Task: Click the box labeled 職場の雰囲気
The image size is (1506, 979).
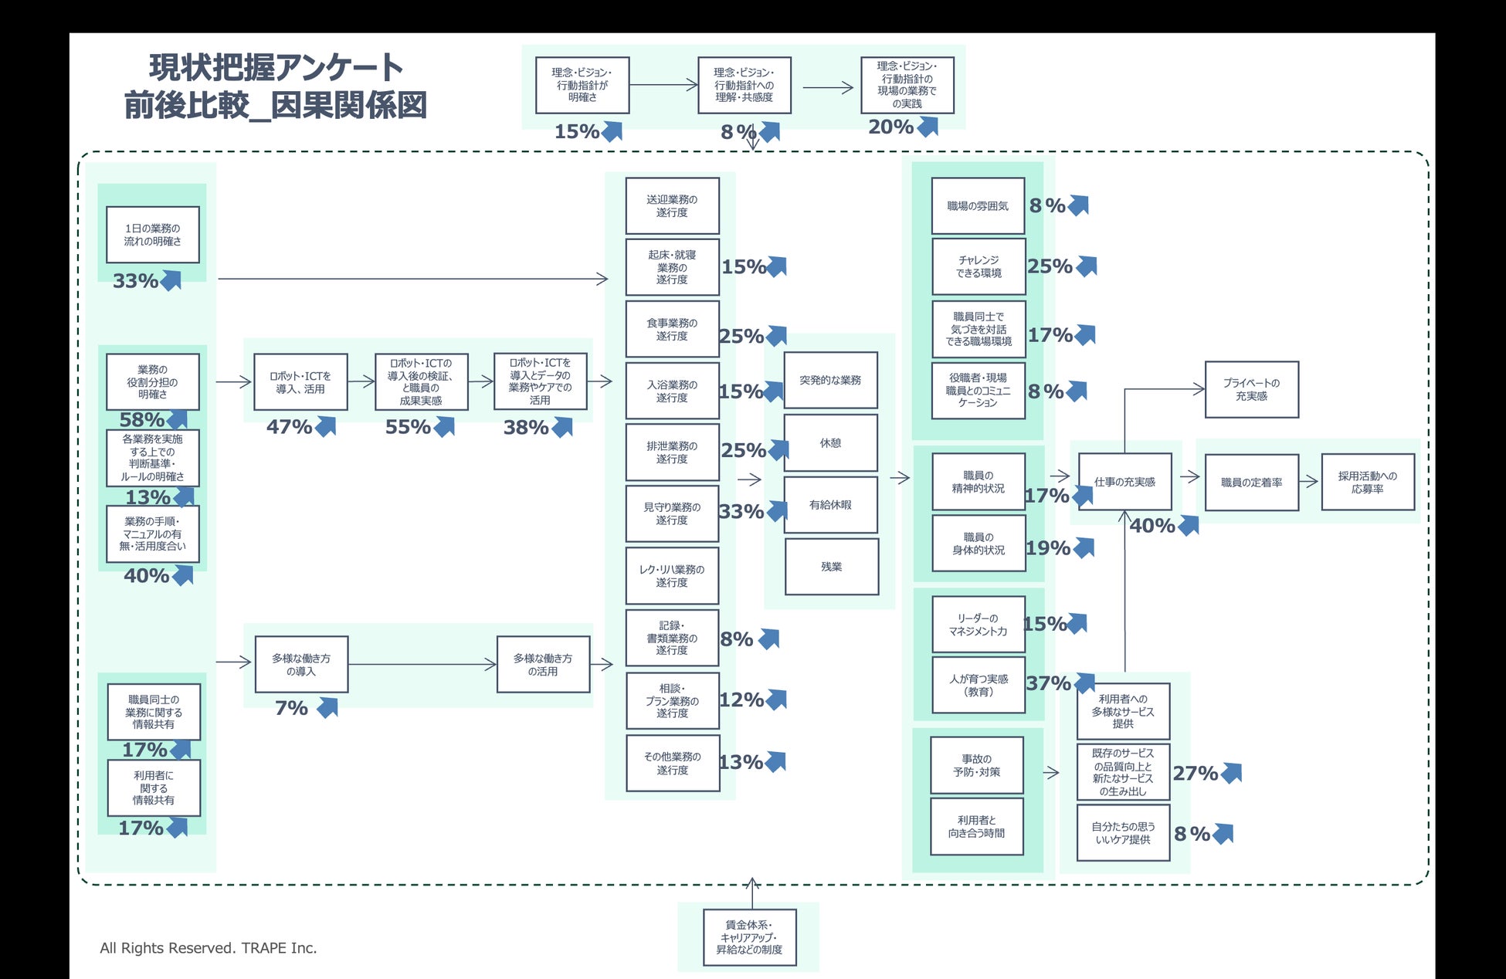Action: click(x=978, y=206)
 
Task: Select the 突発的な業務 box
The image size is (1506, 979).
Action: click(x=830, y=381)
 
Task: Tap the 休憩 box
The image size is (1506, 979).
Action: click(x=830, y=443)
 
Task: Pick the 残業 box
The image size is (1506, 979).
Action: click(x=831, y=567)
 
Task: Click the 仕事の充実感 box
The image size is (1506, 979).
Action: click(x=1124, y=482)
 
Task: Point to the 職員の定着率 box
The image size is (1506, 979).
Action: click(x=1251, y=483)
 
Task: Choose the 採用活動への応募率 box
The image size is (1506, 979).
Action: click(x=1367, y=483)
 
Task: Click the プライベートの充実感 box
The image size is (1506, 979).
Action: click(x=1251, y=389)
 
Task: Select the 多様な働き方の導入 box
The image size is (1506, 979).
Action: click(x=301, y=665)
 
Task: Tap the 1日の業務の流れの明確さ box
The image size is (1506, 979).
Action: click(x=153, y=235)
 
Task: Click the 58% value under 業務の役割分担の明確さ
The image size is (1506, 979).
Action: click(x=141, y=420)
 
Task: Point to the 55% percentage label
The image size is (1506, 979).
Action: click(x=408, y=427)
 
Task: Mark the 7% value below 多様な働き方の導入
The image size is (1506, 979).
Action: click(x=291, y=708)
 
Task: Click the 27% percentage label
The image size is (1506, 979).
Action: click(x=1195, y=773)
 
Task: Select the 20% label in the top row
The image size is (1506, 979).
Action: click(x=890, y=127)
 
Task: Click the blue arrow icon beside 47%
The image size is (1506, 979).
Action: click(x=326, y=426)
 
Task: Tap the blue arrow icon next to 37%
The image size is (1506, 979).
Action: click(x=1085, y=683)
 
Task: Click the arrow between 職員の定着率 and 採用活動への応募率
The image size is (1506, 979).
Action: click(x=1309, y=482)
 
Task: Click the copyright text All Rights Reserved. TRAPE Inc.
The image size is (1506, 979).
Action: click(x=209, y=948)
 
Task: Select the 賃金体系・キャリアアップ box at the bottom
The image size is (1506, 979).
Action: click(x=749, y=937)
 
